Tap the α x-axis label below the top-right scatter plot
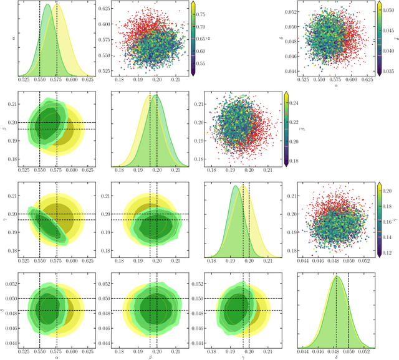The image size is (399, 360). [337, 86]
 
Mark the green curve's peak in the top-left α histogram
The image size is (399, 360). [47, 6]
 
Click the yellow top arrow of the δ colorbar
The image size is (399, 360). [380, 4]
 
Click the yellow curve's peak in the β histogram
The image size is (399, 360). [150, 96]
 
